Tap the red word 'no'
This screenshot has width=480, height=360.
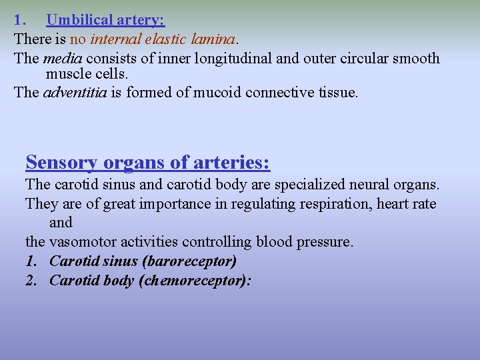click(x=78, y=39)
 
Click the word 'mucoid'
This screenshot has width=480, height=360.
click(x=220, y=92)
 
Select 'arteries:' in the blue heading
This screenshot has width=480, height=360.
click(x=233, y=162)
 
